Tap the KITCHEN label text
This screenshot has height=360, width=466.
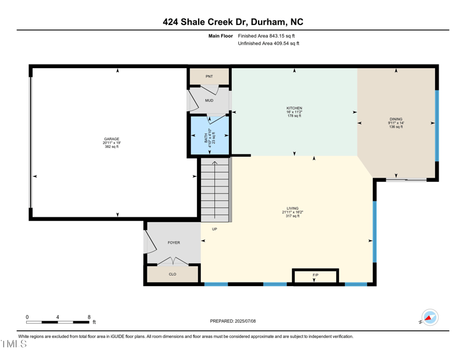tap(294, 108)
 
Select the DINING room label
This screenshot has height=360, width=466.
tap(396, 119)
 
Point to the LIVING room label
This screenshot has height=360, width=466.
tap(292, 209)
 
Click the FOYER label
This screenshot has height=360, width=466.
tap(174, 242)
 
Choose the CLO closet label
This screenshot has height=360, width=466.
tap(172, 274)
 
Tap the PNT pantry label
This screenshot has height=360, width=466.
tap(209, 77)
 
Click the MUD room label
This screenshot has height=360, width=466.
tap(209, 101)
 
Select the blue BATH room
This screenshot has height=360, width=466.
tap(209, 136)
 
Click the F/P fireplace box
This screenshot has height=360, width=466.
tap(315, 276)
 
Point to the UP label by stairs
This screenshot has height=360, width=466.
tap(214, 229)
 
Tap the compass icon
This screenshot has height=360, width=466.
tap(429, 317)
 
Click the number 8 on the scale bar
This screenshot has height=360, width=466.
tap(89, 317)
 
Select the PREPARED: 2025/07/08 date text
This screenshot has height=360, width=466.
tap(233, 321)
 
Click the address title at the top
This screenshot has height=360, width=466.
tap(233, 22)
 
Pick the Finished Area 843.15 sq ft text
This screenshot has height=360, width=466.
tap(269, 36)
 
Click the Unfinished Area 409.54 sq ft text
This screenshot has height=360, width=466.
tap(269, 43)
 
